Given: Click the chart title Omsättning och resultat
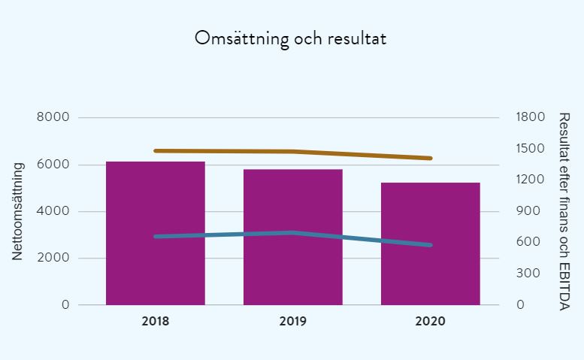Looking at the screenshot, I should coord(291,38).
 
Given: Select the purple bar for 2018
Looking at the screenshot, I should coord(155,233).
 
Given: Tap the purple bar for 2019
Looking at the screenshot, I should coord(292,237).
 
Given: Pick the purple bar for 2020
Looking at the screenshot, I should coord(430,244).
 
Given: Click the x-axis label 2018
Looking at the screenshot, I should coord(155,321).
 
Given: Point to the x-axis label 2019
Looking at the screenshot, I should coord(292,321).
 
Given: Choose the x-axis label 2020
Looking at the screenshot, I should coord(430,321).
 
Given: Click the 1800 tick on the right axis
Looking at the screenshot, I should coord(531,118).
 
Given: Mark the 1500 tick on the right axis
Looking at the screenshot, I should coord(531,149).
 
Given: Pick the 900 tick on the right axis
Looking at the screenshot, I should coord(531,211).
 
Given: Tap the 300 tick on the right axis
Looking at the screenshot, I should coord(531,274).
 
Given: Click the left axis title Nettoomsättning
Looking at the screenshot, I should coord(18,211).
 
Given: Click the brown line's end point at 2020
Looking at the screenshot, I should coord(430,158).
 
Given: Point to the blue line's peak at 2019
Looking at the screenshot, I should coord(292,232).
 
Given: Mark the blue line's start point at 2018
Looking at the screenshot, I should coord(156,237).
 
